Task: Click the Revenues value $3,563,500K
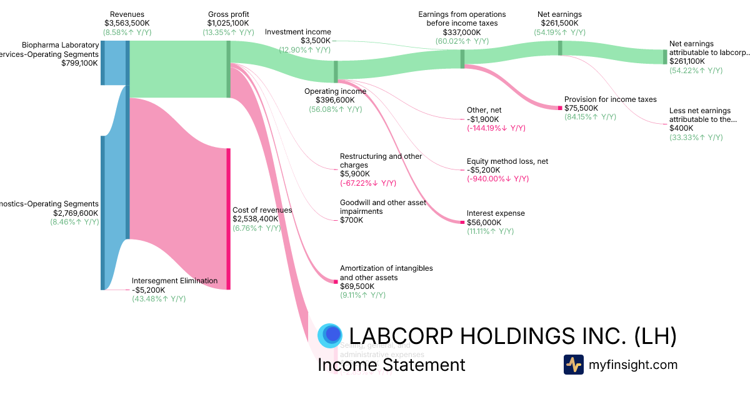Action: coord(127,23)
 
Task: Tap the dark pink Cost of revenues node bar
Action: coord(229,219)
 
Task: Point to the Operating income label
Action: coord(335,91)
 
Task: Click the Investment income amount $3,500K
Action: coord(316,41)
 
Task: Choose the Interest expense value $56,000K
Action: coord(484,222)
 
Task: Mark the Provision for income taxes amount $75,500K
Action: coord(581,108)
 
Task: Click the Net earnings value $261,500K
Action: coord(559,23)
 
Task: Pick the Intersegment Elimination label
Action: coord(174,281)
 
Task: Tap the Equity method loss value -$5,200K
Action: coord(483,169)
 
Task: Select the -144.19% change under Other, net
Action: coord(496,128)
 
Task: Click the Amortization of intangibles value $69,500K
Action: coord(357,286)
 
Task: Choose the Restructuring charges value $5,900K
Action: coord(354,174)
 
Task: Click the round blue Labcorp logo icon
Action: coord(329,336)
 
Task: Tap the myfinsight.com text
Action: coord(633,365)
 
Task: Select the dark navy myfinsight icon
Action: coord(573,365)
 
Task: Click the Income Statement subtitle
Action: coord(391,365)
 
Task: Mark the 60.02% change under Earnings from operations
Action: coord(462,41)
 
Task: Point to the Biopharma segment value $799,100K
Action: coord(79,63)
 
